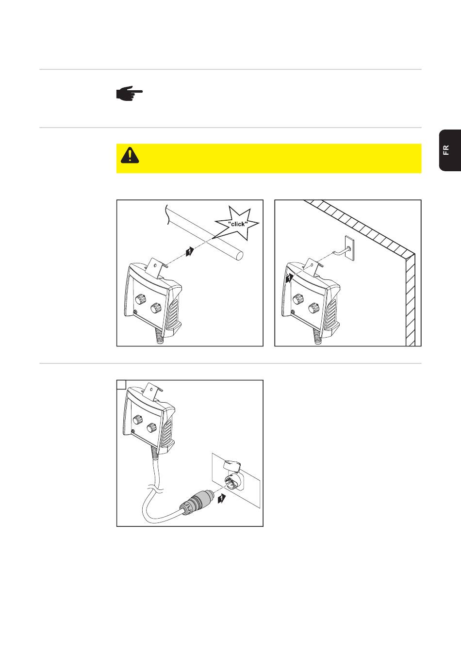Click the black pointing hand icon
click(x=129, y=93)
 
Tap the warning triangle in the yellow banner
click(x=130, y=155)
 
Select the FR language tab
click(x=450, y=150)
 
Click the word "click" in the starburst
click(x=238, y=224)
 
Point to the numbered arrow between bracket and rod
click(x=190, y=251)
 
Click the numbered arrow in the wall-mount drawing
click(x=289, y=278)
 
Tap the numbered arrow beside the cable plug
click(x=222, y=499)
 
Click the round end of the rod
click(x=239, y=255)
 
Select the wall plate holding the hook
click(x=349, y=247)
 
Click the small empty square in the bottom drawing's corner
click(x=121, y=385)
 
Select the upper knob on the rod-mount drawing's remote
click(x=140, y=299)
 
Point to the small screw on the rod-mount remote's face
click(x=135, y=312)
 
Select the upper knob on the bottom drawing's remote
click(x=136, y=420)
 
